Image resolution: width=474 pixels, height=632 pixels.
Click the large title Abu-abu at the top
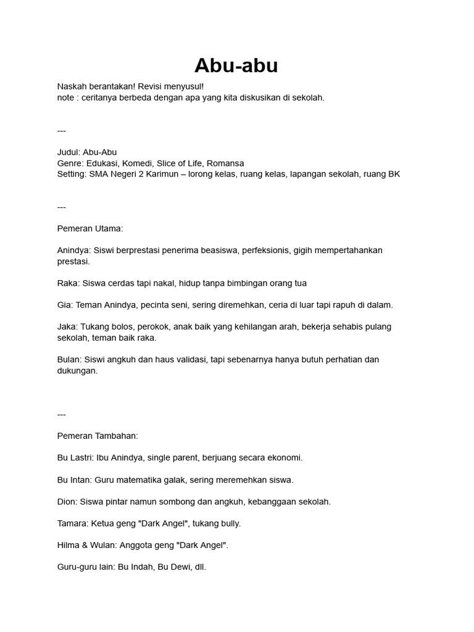236,65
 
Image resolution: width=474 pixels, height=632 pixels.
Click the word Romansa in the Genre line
225,164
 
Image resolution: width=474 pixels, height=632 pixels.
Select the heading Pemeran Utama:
90,228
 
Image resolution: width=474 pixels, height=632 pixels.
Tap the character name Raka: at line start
69,283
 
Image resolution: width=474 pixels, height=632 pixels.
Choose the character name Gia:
65,305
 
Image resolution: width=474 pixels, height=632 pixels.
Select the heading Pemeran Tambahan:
98,436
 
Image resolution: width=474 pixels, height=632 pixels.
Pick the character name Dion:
68,502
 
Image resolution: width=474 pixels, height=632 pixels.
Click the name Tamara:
73,523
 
